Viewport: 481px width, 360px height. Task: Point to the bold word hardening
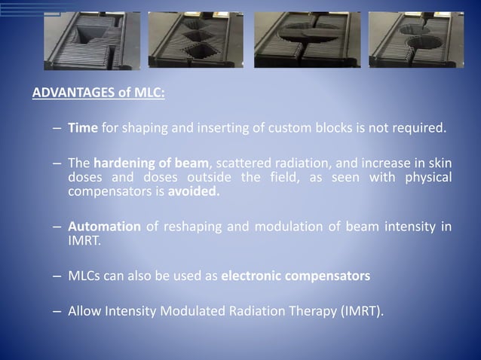click(125, 163)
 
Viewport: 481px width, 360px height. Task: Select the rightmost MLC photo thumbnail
click(415, 40)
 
